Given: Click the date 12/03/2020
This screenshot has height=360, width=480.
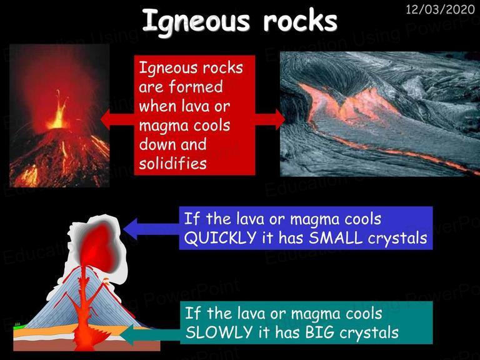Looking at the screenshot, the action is tap(440, 9).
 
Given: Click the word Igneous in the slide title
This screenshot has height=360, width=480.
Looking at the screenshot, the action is tap(196, 21).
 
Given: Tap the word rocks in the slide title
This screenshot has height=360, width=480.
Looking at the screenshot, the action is tap(300, 21).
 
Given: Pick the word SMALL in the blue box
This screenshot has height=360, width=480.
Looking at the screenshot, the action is tap(335, 238).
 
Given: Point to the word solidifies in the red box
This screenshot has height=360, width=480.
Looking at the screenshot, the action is tap(172, 163).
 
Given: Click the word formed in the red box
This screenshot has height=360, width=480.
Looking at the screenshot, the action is tap(196, 86).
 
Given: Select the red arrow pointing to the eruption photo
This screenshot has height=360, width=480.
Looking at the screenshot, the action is tap(117, 119).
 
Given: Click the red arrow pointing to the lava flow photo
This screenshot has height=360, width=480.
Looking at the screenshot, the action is tap(270, 119).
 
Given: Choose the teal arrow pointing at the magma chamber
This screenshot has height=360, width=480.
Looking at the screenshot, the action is tap(150, 335).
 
